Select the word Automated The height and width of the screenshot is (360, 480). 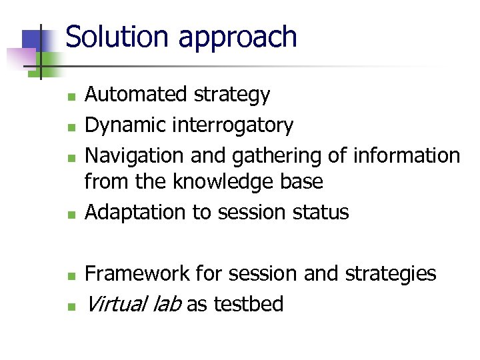(137, 95)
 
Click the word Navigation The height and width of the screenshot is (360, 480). (135, 156)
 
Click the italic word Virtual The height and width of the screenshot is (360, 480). (115, 304)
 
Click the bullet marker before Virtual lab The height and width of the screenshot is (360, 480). (71, 306)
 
